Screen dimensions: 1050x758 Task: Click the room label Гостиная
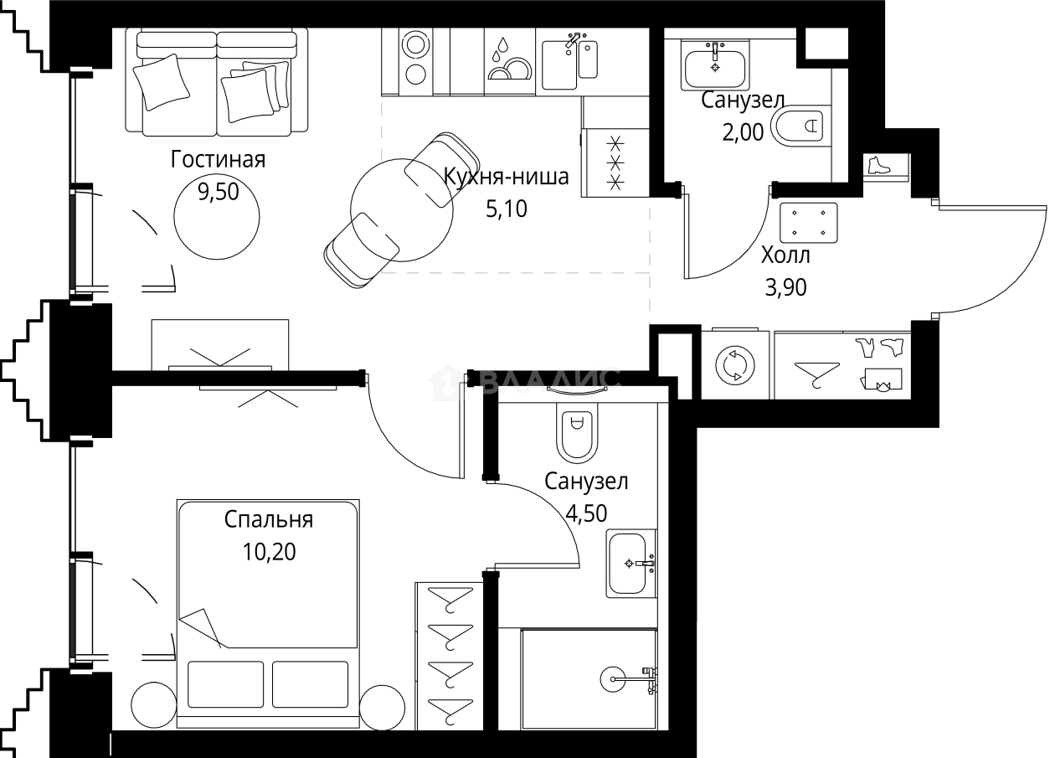pos(218,160)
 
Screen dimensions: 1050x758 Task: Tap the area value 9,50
pos(218,192)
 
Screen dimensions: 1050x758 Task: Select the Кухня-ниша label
pos(507,177)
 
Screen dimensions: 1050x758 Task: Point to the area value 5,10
pos(507,209)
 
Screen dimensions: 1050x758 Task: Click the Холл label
pos(785,255)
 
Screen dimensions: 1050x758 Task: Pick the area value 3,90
pos(785,287)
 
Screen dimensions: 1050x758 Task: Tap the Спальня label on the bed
pos(269,520)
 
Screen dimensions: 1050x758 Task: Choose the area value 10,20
pos(269,552)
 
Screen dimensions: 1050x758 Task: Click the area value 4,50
pos(586,513)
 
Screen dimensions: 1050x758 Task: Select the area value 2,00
pos(743,132)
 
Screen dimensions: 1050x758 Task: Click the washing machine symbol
pos(735,365)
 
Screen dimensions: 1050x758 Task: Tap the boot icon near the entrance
pos(878,165)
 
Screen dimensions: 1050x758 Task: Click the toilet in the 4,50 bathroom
pos(577,432)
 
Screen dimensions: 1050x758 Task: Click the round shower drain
pos(613,678)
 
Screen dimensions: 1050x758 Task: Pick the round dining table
pos(402,209)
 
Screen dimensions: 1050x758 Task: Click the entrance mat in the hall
pos(809,223)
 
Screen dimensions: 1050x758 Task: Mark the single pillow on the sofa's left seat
pos(162,81)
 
